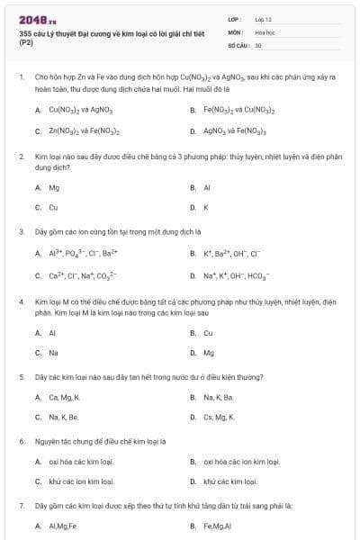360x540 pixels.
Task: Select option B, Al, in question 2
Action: click(206, 188)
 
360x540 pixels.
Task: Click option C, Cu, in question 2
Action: click(53, 207)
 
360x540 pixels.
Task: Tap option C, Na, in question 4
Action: click(53, 353)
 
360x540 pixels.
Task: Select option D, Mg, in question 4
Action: click(209, 353)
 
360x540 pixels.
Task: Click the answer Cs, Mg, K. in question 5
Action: click(219, 417)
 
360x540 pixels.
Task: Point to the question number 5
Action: click(21, 376)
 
